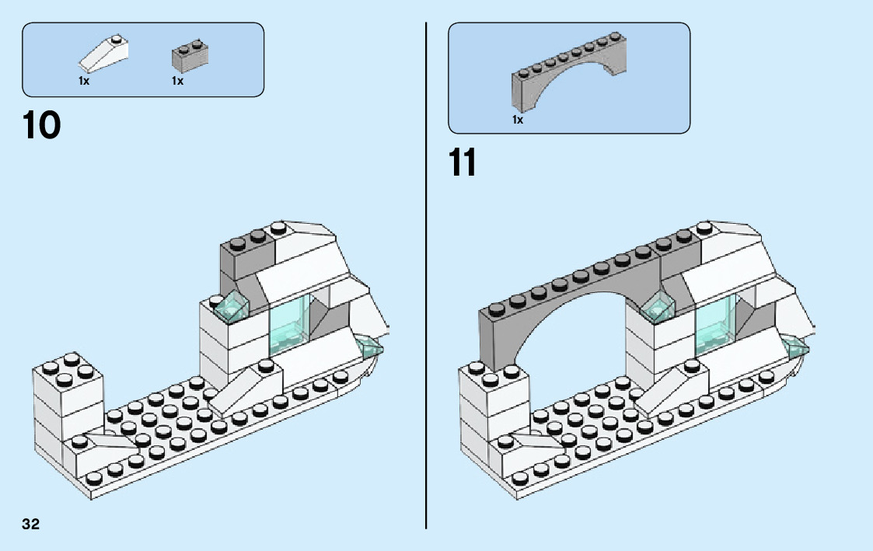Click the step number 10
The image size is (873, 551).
click(x=42, y=124)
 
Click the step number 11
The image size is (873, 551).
click(x=463, y=162)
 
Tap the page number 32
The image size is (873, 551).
click(x=30, y=524)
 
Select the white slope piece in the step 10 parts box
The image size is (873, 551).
click(x=104, y=54)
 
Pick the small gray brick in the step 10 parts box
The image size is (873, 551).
click(x=190, y=56)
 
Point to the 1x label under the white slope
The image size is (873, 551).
click(x=83, y=82)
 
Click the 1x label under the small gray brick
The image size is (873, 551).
click(x=177, y=82)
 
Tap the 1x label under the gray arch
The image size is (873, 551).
click(x=518, y=120)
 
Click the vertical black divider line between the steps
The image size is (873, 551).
click(x=426, y=275)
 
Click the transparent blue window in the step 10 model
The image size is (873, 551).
click(x=288, y=326)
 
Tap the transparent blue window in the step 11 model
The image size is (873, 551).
click(x=715, y=326)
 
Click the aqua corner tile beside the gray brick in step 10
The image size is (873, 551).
click(x=232, y=307)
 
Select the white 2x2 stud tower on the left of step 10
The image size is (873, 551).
click(x=67, y=406)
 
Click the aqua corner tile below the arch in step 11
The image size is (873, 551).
click(x=659, y=307)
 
